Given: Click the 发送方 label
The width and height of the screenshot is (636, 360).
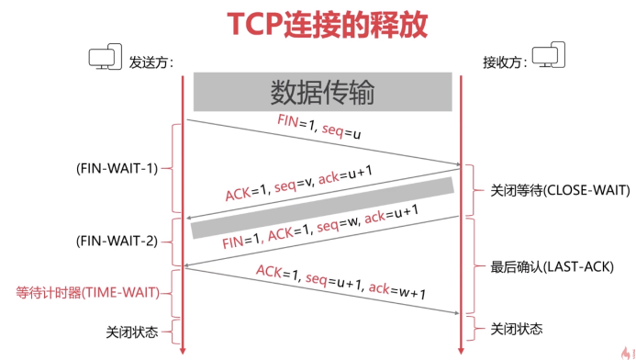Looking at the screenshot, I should (x=151, y=62).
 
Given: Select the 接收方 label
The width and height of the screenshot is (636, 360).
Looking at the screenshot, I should (x=506, y=62).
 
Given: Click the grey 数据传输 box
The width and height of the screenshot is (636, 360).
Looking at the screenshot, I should (x=322, y=92).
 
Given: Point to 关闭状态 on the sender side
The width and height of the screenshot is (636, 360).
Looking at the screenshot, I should (x=134, y=330).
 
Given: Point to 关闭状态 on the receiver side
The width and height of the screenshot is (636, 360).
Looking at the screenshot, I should (x=516, y=328).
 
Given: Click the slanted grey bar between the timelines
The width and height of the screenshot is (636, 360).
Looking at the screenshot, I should (x=322, y=208).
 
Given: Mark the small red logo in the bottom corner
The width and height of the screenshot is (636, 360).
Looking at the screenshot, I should (x=624, y=350).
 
